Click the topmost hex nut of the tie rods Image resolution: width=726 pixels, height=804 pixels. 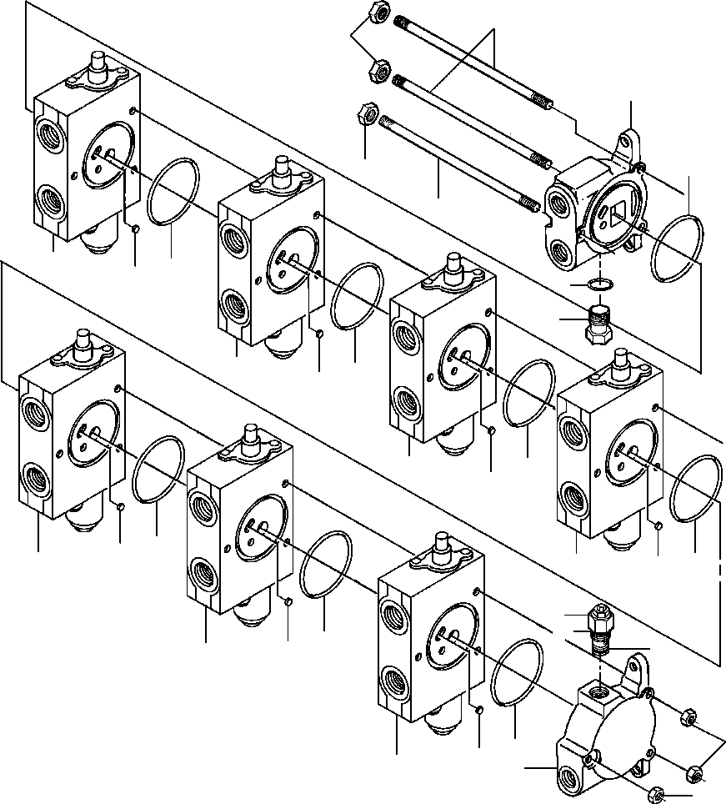click(376, 13)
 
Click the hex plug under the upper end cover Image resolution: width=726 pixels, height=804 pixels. click(597, 326)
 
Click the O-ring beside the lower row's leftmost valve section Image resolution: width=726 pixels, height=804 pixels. click(158, 471)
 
